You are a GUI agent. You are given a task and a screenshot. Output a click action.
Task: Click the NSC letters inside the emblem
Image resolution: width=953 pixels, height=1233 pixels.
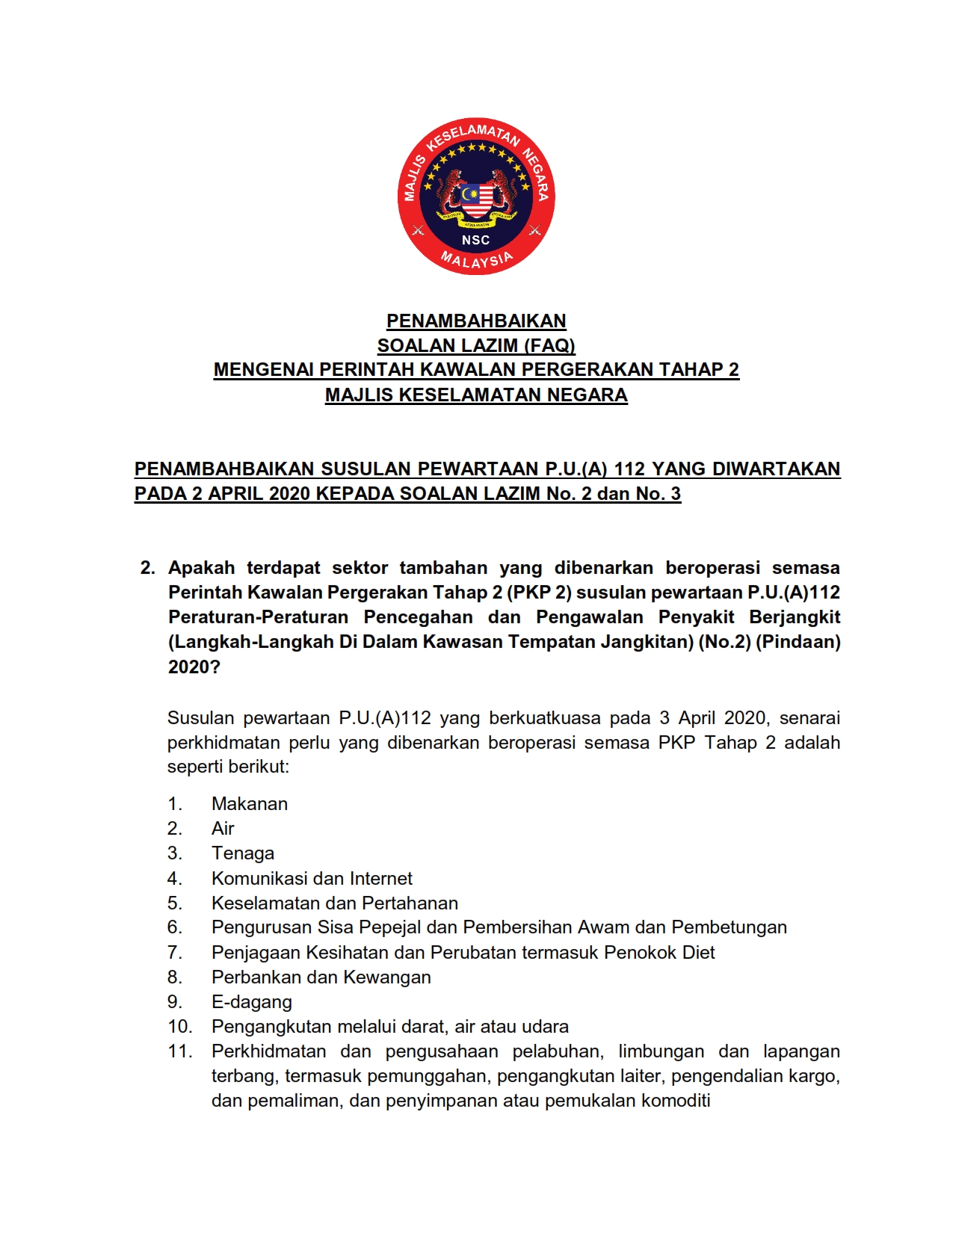tap(475, 240)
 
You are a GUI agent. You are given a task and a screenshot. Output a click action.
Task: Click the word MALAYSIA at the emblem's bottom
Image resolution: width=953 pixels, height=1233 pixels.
tap(476, 260)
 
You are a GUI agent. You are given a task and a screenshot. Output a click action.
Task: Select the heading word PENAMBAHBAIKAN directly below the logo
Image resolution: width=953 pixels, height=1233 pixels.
tap(476, 321)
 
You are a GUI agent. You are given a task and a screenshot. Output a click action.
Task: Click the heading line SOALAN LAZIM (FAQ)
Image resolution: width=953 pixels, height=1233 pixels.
tap(476, 345)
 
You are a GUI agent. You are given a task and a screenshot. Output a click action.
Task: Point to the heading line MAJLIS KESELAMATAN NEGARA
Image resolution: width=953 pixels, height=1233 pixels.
tap(476, 395)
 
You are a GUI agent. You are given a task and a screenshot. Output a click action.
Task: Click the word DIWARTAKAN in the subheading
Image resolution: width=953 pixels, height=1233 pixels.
tap(776, 469)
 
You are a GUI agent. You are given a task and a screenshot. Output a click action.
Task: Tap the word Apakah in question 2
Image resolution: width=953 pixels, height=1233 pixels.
tap(201, 568)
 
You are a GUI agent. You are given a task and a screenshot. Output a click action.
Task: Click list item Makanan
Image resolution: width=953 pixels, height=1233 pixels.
tap(250, 804)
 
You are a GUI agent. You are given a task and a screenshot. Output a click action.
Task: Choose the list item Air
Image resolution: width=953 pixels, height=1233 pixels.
tap(223, 829)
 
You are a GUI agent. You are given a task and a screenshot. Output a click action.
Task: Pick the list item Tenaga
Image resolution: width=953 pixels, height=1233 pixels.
tap(243, 853)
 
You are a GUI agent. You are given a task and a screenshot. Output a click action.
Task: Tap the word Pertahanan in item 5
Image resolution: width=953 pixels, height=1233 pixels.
tap(413, 903)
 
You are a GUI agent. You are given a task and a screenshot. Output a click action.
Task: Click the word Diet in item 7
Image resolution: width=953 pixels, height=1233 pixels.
tap(698, 952)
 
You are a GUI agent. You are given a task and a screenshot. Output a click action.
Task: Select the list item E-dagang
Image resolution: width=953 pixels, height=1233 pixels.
tap(252, 1002)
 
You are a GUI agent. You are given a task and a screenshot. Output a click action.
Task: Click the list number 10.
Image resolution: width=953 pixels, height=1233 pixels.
tap(179, 1027)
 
